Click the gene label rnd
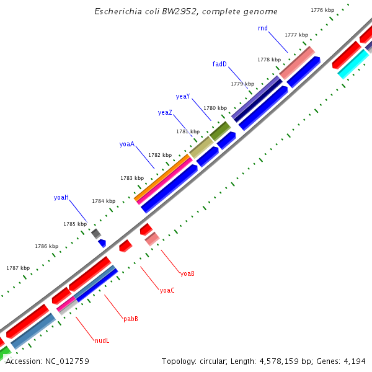263,29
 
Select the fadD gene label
219,64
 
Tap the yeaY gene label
183,96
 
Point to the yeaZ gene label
165,112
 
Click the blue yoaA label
127,144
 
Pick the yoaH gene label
61,197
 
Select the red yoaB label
187,273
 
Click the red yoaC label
167,290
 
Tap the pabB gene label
130,319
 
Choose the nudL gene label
102,340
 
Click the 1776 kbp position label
322,10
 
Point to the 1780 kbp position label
215,108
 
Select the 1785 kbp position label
75,224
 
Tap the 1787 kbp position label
18,268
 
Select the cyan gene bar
353,64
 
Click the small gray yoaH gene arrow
96,233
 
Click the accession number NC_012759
66,361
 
